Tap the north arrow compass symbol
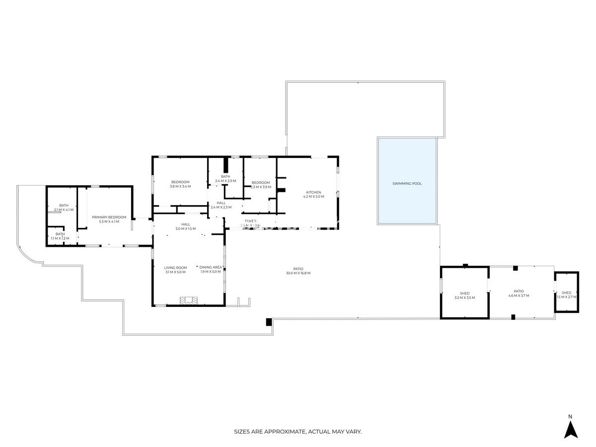click(571, 429)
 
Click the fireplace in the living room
click(189, 300)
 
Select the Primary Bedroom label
click(109, 217)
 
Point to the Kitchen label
click(313, 192)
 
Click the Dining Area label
click(211, 267)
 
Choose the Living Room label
click(175, 268)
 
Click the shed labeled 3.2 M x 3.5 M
click(464, 295)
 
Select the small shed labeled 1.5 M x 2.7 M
click(566, 295)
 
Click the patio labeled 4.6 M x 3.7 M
click(519, 294)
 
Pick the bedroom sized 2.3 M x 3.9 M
click(260, 185)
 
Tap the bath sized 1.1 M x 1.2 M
click(60, 236)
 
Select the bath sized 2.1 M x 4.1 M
click(64, 208)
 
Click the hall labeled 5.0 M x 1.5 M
click(185, 226)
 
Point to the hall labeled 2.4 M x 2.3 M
click(221, 205)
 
